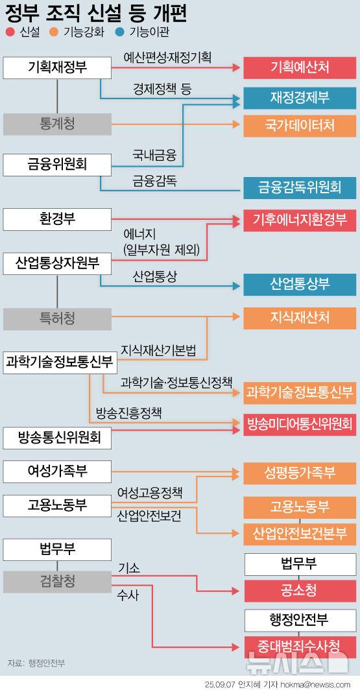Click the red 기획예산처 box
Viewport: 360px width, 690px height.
(x=300, y=67)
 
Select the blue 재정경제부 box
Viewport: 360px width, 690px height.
(x=300, y=98)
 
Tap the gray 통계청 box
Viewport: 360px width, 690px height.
(x=57, y=124)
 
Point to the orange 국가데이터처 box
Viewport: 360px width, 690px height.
(x=300, y=126)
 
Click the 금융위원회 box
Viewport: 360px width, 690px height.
(x=57, y=165)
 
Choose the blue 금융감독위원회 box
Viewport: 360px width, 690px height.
(x=300, y=187)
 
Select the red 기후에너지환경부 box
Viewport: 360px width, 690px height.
(x=300, y=220)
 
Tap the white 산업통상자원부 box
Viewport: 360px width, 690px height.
(x=57, y=263)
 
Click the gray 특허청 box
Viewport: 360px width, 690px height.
(x=57, y=319)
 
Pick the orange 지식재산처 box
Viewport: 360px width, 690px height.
(x=300, y=318)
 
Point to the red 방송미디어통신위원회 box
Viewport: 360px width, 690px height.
(x=300, y=425)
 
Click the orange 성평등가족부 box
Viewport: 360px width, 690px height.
(x=300, y=473)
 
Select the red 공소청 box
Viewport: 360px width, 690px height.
(x=300, y=591)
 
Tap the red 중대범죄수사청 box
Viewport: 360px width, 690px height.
(x=300, y=647)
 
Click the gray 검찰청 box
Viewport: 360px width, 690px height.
(x=57, y=582)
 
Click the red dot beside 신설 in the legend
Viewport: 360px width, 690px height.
(x=10, y=32)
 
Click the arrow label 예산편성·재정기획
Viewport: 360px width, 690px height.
(x=167, y=57)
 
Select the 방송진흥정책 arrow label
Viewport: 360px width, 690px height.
(x=128, y=414)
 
